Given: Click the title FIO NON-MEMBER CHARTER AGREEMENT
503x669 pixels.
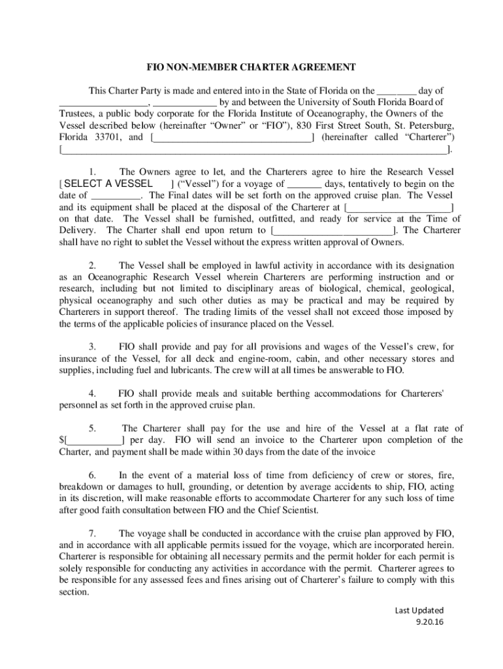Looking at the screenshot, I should point(251,67).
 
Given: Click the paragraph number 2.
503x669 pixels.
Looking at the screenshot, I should point(93,266).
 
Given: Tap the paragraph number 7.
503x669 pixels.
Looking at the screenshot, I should point(93,533).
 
